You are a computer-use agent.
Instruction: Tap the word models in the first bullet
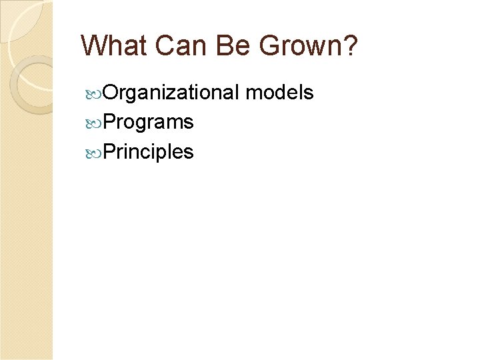279,93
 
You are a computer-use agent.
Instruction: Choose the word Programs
149,123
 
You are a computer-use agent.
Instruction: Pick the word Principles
149,152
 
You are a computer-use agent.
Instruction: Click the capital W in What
93,45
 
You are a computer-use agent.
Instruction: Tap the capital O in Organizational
111,93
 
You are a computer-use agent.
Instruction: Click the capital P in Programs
109,123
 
